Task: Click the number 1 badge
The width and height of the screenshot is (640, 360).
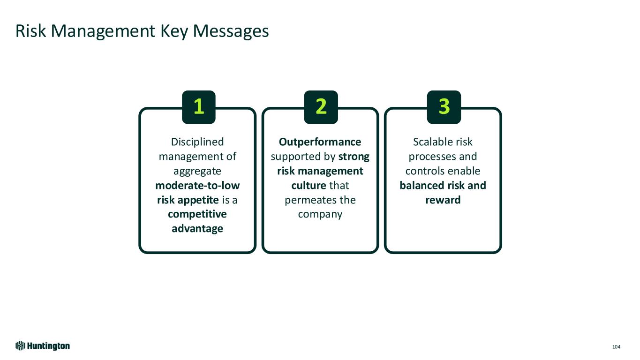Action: (x=198, y=107)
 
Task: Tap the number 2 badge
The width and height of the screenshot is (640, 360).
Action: (x=321, y=107)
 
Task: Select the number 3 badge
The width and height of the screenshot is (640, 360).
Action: (x=444, y=107)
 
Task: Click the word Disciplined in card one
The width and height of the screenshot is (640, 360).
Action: (x=197, y=142)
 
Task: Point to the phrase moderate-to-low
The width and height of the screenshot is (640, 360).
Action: (x=197, y=185)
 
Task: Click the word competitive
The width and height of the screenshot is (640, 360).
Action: (x=197, y=214)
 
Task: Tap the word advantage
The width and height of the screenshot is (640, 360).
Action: (x=197, y=229)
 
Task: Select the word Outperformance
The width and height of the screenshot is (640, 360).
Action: (x=320, y=142)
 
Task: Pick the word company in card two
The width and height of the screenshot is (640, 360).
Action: (x=320, y=214)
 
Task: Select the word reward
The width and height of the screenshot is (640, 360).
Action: (x=443, y=200)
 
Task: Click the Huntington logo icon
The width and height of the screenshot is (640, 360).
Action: (x=20, y=346)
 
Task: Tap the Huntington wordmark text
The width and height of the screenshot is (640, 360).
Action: (x=48, y=346)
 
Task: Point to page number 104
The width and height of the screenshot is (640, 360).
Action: (x=616, y=347)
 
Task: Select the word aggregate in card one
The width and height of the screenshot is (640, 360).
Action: (x=197, y=171)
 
